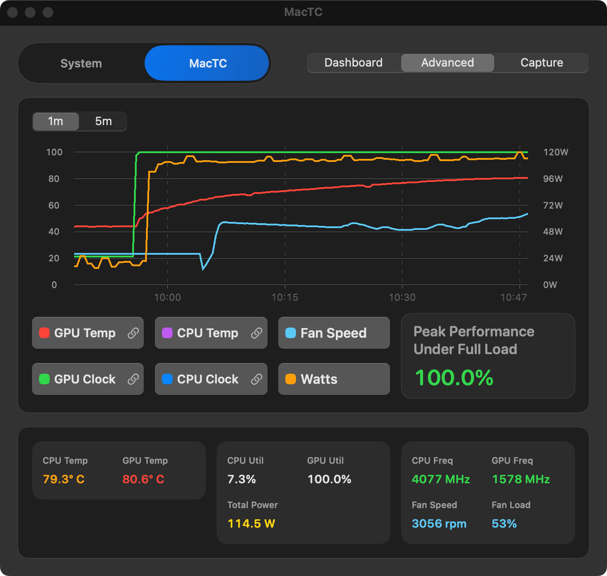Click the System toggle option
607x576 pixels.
tap(81, 63)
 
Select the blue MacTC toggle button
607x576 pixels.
tap(207, 63)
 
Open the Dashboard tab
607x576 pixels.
tap(354, 63)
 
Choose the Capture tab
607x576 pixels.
tap(541, 63)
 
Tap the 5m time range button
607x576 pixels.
tap(103, 121)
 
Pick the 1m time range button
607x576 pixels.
tap(55, 121)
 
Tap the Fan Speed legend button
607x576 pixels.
tap(334, 333)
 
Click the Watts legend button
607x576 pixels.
tap(334, 379)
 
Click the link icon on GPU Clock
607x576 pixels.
tap(133, 379)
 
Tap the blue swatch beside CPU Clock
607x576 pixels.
tap(167, 379)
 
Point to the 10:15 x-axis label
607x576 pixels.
tap(284, 297)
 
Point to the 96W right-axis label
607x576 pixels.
tap(553, 179)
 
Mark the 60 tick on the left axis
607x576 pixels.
tap(54, 205)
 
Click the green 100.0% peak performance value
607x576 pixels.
tap(454, 378)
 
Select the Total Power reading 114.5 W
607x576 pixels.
tap(251, 524)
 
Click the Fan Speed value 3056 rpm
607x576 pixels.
tap(439, 524)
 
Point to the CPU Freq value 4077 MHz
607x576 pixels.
tap(441, 479)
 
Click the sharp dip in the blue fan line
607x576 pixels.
tap(203, 268)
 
